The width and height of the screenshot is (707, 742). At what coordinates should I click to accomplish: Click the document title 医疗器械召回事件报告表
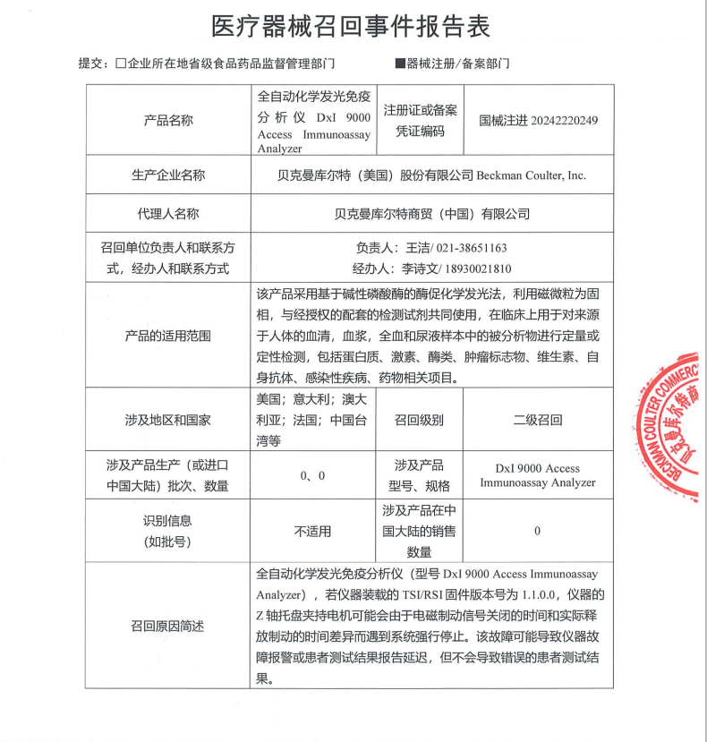(x=351, y=26)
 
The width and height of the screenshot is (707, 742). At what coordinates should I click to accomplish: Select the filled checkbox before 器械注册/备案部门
(x=399, y=64)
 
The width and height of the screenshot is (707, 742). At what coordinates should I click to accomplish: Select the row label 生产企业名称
(x=168, y=175)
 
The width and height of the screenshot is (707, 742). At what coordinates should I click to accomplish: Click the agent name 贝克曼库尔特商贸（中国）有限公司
(x=431, y=214)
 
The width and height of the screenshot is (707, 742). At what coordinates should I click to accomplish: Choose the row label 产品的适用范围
(x=168, y=336)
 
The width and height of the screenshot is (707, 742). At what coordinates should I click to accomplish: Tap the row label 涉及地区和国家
(x=168, y=419)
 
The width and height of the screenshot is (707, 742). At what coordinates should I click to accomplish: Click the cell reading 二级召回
(x=537, y=419)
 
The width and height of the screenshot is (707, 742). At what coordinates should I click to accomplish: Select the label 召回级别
(x=420, y=419)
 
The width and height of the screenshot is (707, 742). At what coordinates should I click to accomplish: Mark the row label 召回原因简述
(x=168, y=626)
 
